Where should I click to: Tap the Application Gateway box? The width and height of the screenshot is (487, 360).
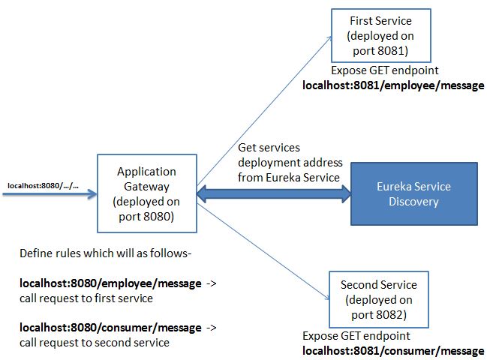pyautogui.click(x=147, y=193)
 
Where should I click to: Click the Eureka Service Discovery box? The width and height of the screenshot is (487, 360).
pyautogui.click(x=413, y=194)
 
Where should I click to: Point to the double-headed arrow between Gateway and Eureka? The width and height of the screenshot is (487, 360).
pyautogui.click(x=274, y=194)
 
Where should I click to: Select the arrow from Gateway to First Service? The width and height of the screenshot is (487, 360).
pyautogui.click(x=263, y=105)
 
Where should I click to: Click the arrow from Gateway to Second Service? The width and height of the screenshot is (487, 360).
pyautogui.click(x=263, y=255)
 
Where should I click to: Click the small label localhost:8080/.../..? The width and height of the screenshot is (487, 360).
pyautogui.click(x=43, y=184)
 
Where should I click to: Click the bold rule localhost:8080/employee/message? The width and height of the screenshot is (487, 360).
pyautogui.click(x=110, y=284)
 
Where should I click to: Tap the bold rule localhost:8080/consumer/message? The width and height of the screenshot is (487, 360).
pyautogui.click(x=110, y=328)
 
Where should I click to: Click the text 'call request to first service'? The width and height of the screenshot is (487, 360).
pyautogui.click(x=86, y=298)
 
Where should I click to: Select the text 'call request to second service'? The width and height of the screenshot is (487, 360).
pyautogui.click(x=94, y=343)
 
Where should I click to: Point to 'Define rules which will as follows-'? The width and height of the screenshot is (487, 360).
pyautogui.click(x=105, y=254)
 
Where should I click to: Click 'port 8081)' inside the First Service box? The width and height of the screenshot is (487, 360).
pyautogui.click(x=381, y=50)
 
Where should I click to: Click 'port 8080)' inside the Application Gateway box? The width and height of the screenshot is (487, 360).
pyautogui.click(x=147, y=217)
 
